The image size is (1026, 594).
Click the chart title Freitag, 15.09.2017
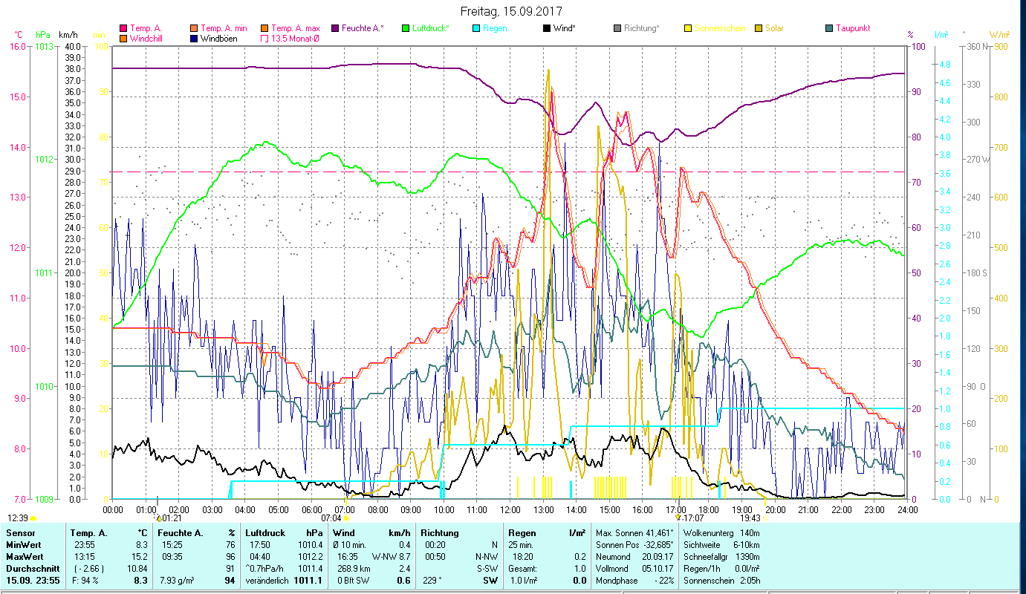(x=511, y=11)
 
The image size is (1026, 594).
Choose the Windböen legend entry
(x=219, y=38)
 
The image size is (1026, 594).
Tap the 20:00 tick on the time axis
(x=776, y=510)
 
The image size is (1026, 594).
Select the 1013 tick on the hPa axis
(x=44, y=46)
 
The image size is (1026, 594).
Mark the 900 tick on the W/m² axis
(x=1001, y=46)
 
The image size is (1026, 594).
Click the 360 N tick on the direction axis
(x=975, y=46)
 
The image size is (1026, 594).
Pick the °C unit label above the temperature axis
(x=19, y=35)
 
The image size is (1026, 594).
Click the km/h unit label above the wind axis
(x=68, y=35)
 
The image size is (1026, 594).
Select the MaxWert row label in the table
(x=25, y=556)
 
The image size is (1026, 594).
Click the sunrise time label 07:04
(x=331, y=518)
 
